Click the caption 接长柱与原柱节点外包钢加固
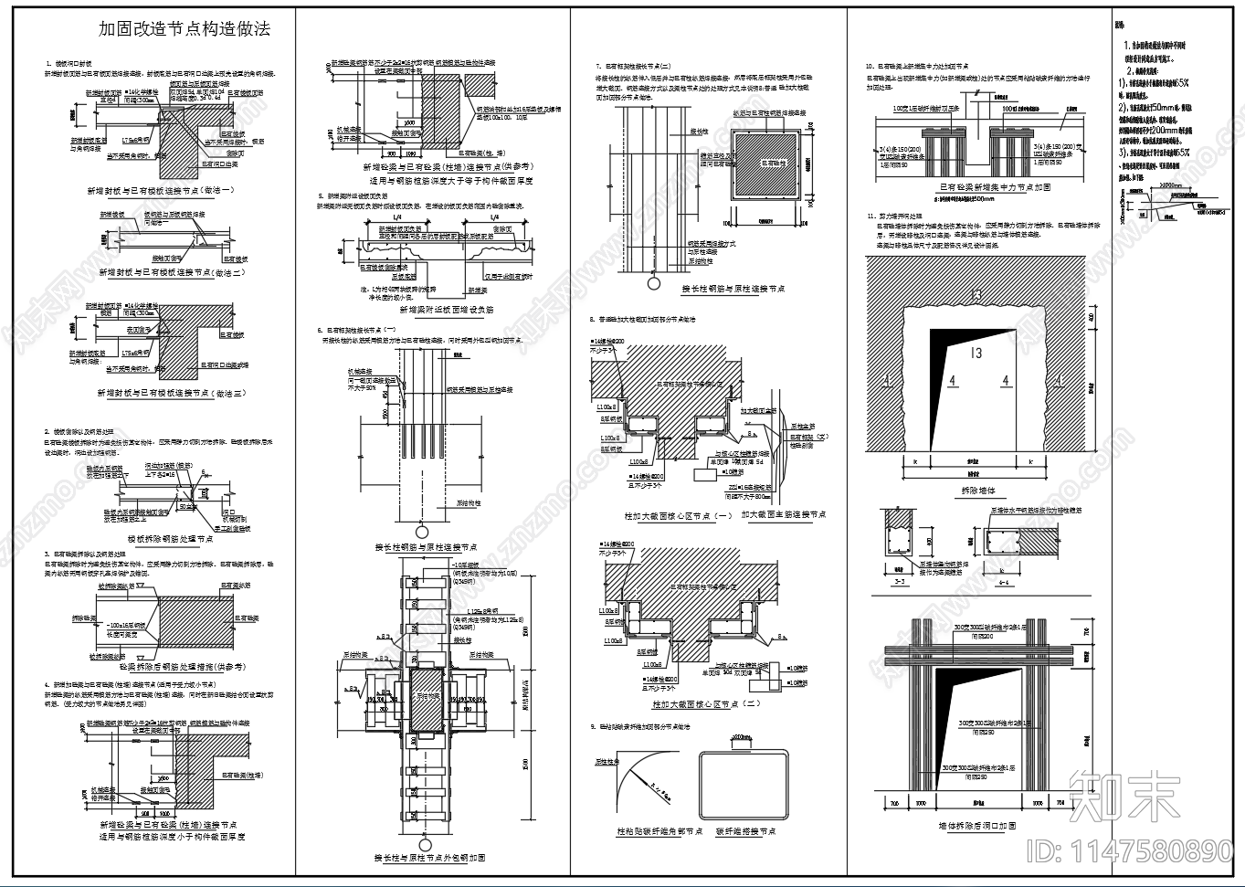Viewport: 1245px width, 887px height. click(x=429, y=858)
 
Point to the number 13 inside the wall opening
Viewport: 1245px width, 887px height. click(x=976, y=353)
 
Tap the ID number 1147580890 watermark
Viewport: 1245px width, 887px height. click(x=1130, y=851)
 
